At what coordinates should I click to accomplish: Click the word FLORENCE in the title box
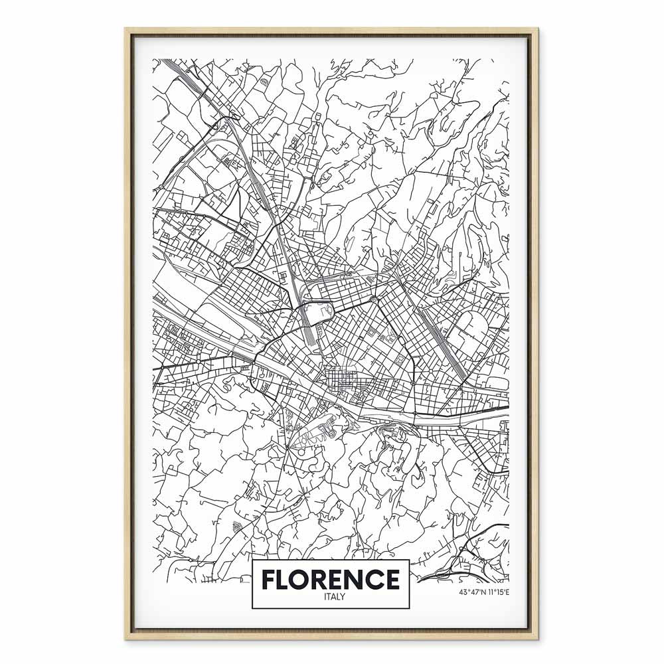coord(330,579)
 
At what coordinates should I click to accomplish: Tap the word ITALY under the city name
coord(330,596)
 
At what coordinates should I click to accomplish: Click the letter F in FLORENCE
coord(269,579)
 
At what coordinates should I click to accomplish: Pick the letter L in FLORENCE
coord(285,579)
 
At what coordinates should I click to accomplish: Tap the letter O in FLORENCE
coord(303,579)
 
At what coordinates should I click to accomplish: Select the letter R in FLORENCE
coord(322,579)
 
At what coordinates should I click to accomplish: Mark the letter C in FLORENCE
coord(376,579)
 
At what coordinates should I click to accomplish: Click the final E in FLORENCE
coord(392,579)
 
